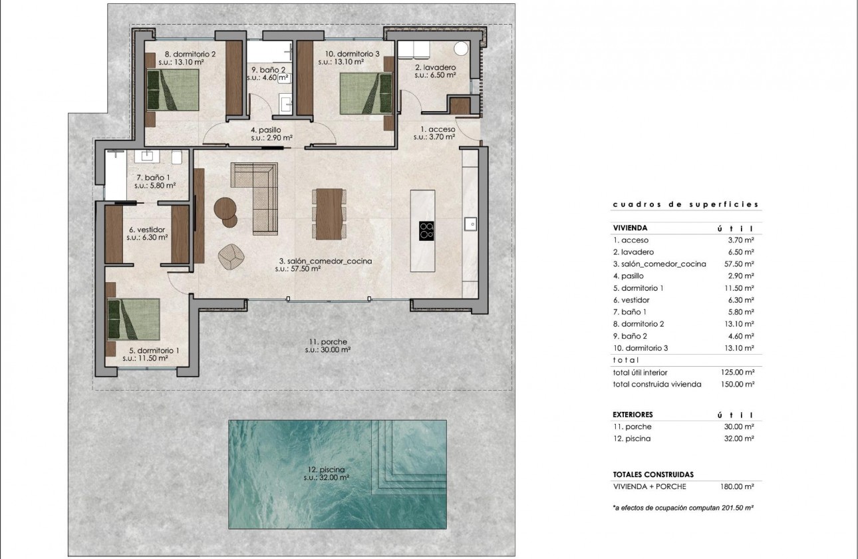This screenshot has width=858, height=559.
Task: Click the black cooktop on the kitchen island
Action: pos(427,230)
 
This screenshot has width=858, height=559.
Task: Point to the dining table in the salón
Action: pos(329,214)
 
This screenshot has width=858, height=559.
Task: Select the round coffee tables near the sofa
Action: pos(226,212)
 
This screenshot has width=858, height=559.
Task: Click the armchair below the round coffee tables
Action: pos(231,258)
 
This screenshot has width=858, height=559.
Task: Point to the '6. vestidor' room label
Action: pos(146,230)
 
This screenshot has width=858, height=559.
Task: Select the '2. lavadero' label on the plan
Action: pos(434,68)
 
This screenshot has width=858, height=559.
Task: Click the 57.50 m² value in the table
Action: pos(740,264)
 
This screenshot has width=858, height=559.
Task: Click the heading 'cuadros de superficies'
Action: pos(685,205)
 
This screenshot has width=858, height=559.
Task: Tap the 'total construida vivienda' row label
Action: pos(656,384)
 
